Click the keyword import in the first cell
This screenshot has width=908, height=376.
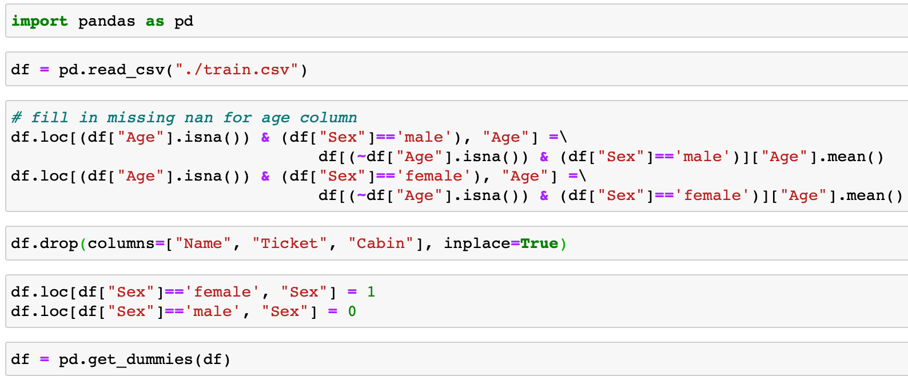click(x=39, y=21)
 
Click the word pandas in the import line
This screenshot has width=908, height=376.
click(x=106, y=21)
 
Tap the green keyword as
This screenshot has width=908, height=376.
click(x=155, y=21)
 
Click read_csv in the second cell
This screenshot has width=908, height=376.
click(x=126, y=70)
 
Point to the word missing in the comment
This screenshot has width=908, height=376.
click(x=141, y=118)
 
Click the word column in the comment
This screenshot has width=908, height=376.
click(x=328, y=118)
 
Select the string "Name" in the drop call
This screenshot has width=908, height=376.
click(x=202, y=243)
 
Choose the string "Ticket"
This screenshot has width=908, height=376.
click(x=289, y=243)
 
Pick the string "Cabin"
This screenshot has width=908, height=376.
click(x=381, y=243)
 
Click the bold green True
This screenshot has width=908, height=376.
click(x=539, y=243)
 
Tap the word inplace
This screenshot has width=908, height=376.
click(x=477, y=244)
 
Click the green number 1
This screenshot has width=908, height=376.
click(x=371, y=292)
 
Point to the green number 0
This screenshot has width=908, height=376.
click(x=352, y=311)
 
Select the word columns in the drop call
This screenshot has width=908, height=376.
click(x=121, y=243)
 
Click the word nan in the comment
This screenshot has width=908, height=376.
click(x=198, y=118)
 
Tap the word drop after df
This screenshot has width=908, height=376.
click(x=59, y=243)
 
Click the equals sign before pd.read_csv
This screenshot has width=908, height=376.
click(x=45, y=70)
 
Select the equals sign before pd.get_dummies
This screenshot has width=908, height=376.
click(x=45, y=359)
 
